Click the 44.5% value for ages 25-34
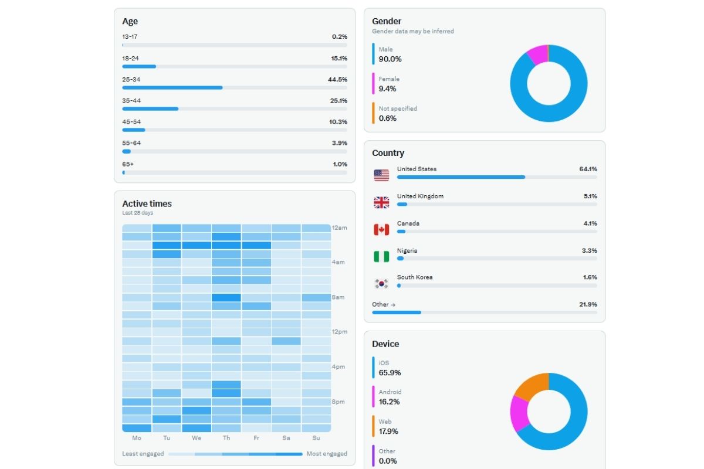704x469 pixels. pos(337,79)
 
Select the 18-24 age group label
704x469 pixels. pos(130,58)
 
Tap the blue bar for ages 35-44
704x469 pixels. pos(150,108)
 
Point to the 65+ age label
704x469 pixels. pos(128,164)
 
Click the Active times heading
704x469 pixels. pos(147,204)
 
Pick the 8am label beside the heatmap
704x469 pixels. pos(339,297)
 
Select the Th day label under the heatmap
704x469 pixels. pos(226,438)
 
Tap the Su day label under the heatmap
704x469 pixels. pos(316,438)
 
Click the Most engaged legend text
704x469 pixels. pos(327,454)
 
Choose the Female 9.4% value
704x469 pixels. pos(387,89)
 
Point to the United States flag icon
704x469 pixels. pos(381,175)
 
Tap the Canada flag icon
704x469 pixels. pos(381,229)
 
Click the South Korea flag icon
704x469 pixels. pos(381,284)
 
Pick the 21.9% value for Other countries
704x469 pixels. pos(588,304)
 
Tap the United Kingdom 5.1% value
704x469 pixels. pos(590,196)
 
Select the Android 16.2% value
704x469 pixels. pos(390,402)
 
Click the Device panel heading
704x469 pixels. pos(385,344)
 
